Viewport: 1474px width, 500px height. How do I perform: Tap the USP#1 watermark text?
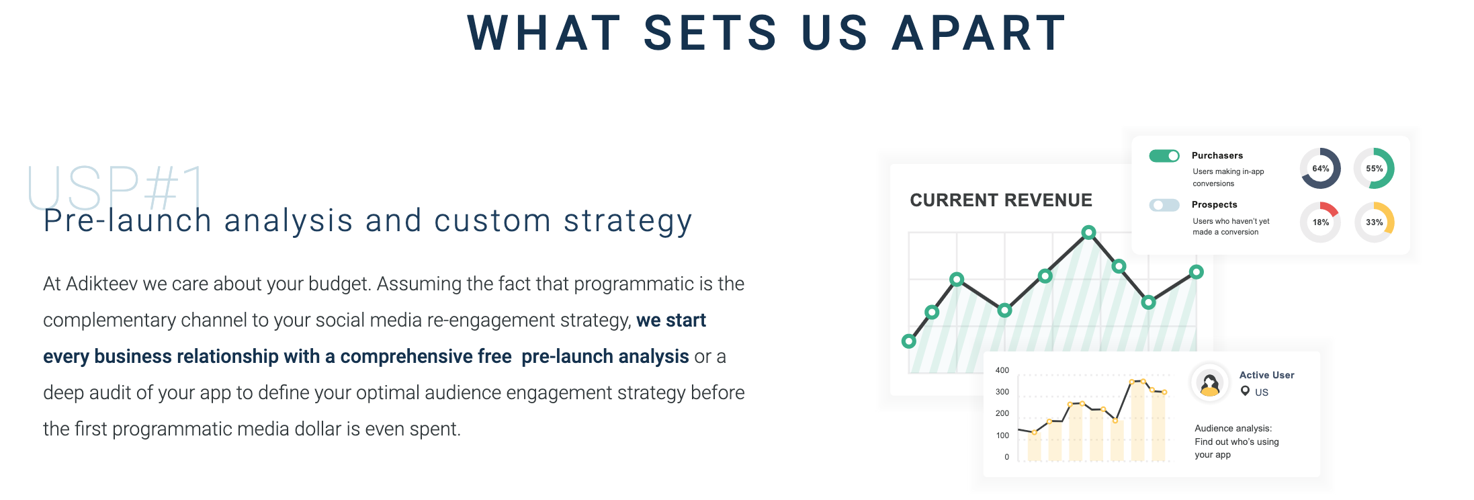tap(116, 187)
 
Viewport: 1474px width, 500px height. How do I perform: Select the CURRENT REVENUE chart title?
tap(1001, 200)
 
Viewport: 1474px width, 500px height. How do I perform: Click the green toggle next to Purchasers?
tap(1164, 156)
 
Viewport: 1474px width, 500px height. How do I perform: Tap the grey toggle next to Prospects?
tap(1164, 205)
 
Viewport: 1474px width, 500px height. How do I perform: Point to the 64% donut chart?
tap(1321, 169)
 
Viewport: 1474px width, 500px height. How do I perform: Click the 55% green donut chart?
tap(1375, 169)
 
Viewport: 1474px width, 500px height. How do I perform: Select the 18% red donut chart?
tap(1321, 222)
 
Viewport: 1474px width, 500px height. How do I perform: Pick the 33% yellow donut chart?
tap(1375, 222)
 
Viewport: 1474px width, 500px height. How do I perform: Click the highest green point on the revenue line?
tap(1089, 233)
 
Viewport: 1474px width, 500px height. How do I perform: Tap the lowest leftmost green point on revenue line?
tap(909, 341)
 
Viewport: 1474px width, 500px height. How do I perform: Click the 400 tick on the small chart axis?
tap(1002, 370)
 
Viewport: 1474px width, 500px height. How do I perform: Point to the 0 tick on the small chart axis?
tap(1006, 457)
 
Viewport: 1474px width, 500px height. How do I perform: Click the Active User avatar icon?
tap(1210, 383)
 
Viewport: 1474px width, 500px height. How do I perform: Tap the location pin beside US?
tap(1245, 391)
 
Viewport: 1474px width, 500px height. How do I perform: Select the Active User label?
tap(1266, 375)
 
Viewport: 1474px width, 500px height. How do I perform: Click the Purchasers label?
tap(1217, 155)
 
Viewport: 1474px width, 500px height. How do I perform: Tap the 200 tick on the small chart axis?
tap(1002, 413)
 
